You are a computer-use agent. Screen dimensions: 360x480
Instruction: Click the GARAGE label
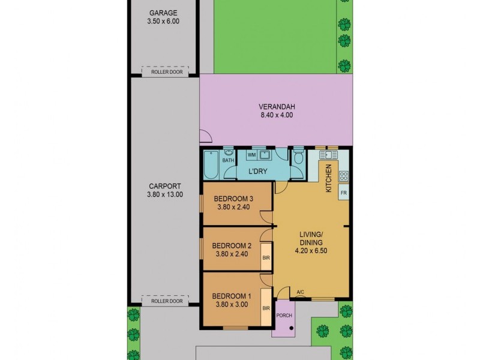tap(163, 13)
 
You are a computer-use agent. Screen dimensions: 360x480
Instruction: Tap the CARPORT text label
tap(164, 186)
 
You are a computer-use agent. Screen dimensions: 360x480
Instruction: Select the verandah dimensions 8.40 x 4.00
tap(277, 115)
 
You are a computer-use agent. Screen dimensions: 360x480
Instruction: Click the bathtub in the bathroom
tap(211, 165)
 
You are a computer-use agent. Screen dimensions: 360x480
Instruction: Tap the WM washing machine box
tap(252, 155)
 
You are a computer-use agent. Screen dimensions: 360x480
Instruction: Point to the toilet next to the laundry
tap(298, 159)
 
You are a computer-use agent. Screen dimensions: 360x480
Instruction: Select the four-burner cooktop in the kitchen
tap(344, 176)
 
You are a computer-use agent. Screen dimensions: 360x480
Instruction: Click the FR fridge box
tap(344, 193)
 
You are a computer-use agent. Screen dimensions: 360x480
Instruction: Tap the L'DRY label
tap(258, 172)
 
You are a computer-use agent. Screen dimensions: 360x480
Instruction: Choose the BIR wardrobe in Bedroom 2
tap(266, 258)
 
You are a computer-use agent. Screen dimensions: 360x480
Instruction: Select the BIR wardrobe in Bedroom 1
tap(266, 308)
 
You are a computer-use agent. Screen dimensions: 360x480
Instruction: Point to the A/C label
tap(301, 292)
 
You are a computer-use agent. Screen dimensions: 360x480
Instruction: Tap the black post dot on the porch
tap(291, 328)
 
